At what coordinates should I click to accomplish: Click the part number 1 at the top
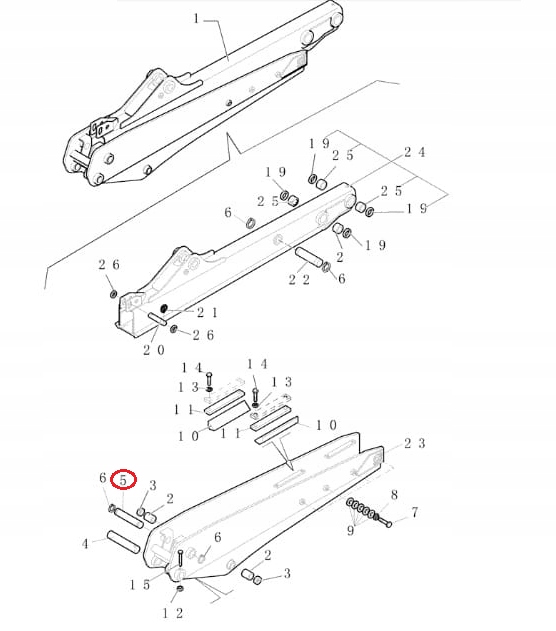196,18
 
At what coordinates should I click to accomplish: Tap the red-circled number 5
123,480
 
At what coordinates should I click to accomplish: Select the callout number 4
85,544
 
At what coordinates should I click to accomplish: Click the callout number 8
394,494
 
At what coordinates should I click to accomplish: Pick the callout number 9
350,531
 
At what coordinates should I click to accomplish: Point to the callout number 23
415,442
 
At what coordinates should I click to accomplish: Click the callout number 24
415,152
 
